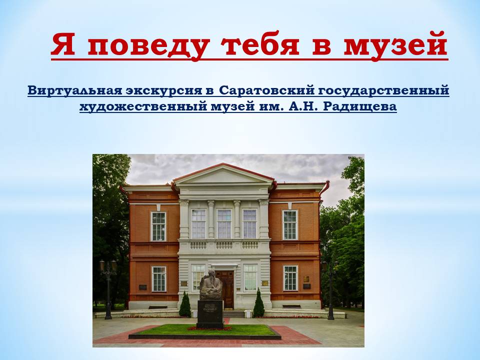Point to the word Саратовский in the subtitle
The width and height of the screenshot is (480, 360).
pyautogui.click(x=267, y=90)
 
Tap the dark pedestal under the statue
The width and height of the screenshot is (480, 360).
pyautogui.click(x=210, y=314)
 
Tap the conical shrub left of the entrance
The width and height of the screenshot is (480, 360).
pyautogui.click(x=185, y=304)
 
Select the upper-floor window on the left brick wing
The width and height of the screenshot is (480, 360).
pyautogui.click(x=158, y=226)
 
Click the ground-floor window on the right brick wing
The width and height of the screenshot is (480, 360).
pyautogui.click(x=290, y=278)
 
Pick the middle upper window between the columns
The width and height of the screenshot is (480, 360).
pyautogui.click(x=224, y=224)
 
